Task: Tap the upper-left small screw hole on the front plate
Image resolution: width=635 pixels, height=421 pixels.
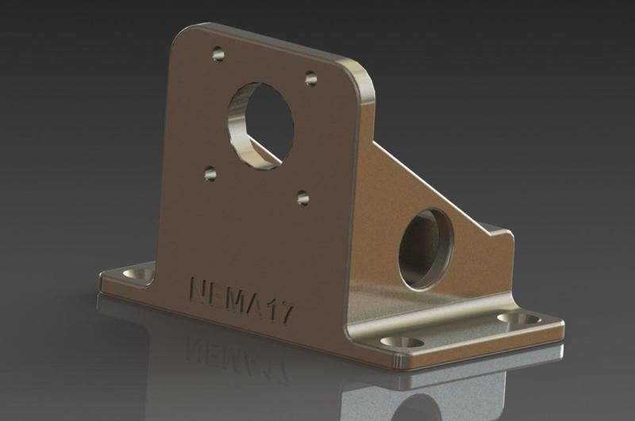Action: point(217,55)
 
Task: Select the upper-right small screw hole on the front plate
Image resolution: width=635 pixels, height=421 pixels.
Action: point(310,78)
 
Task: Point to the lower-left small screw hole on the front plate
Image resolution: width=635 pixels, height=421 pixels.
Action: point(210,172)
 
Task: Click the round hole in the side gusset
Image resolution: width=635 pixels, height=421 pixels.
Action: point(425,248)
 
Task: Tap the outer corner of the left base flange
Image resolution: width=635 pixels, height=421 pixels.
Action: point(103,277)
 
